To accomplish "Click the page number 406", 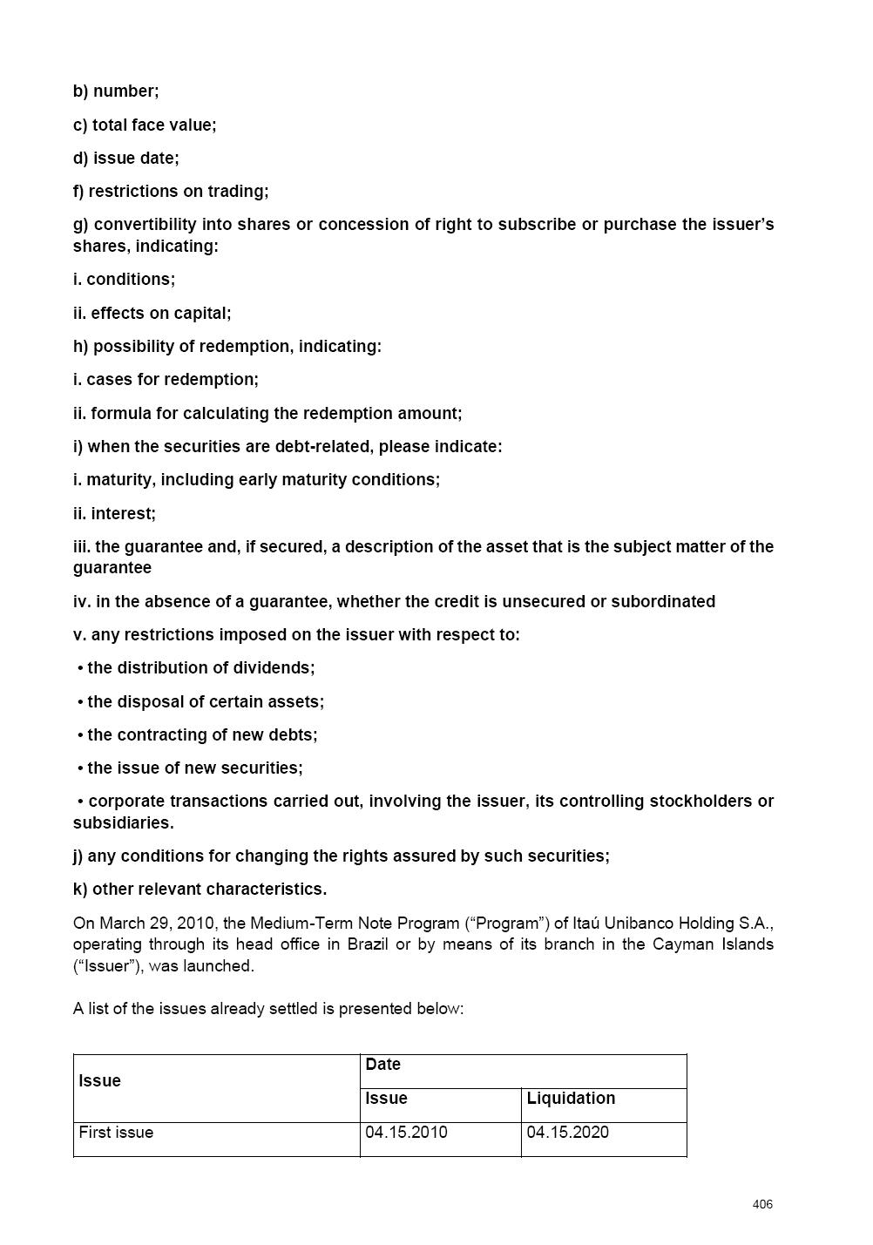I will pyautogui.click(x=762, y=1204).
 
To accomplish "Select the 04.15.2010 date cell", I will pyautogui.click(x=406, y=1133).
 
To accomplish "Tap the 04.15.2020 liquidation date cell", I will pyautogui.click(x=568, y=1133).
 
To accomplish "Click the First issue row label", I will pyautogui.click(x=116, y=1133).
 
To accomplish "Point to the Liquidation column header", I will pyautogui.click(x=571, y=1099).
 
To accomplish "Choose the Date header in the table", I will pyautogui.click(x=383, y=1065).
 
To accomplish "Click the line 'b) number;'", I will pyautogui.click(x=116, y=91).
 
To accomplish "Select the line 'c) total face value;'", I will pyautogui.click(x=145, y=125).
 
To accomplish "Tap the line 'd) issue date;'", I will pyautogui.click(x=126, y=158).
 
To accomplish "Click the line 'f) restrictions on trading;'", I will pyautogui.click(x=171, y=192).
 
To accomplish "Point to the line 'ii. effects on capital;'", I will pyautogui.click(x=152, y=313).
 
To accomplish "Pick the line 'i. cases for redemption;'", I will pyautogui.click(x=166, y=380).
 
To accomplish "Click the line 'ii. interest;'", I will pyautogui.click(x=114, y=514).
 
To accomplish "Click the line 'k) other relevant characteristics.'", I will pyautogui.click(x=200, y=890).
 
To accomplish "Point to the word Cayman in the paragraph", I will pyautogui.click(x=686, y=944).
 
